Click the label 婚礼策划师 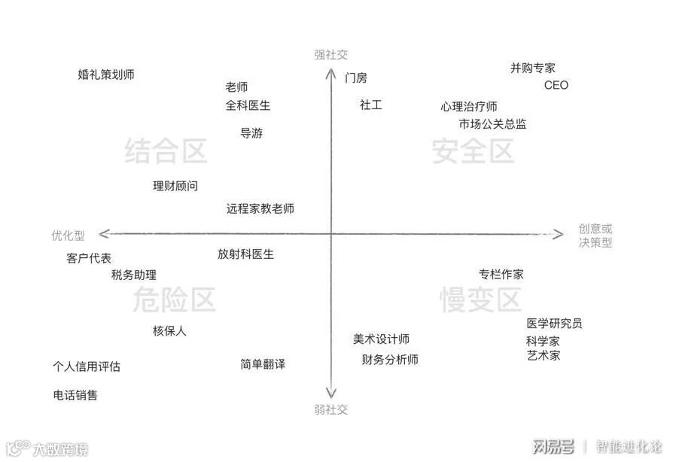coord(106,74)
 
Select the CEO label coord(556,85)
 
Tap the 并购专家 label coord(533,68)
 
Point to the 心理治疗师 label coord(469,107)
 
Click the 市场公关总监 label coord(493,124)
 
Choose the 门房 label coord(356,78)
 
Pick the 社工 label coord(370,105)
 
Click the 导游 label coord(251,133)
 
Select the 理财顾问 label coord(175,186)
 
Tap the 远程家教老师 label coord(260,209)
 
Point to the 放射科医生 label coord(246,254)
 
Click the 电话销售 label coord(75,395)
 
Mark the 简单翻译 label coord(263,364)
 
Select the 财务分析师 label coord(390,360)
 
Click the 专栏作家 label coord(501,274)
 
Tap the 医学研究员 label coord(554,324)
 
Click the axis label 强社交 coord(331,55)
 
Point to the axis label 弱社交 coord(331,410)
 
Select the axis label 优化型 coord(68,236)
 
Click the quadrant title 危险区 coord(174,300)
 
